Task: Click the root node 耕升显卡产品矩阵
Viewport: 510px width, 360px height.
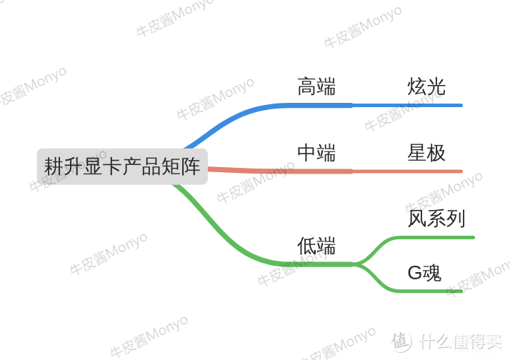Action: coord(122,166)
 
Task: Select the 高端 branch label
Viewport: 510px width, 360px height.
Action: coord(316,86)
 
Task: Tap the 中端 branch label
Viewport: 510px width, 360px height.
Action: coord(316,153)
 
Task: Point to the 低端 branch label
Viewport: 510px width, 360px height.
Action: coord(316,246)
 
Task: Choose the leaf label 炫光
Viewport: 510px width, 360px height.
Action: coord(426,86)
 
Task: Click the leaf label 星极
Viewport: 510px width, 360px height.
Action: coord(426,153)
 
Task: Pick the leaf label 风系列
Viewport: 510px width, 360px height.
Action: coord(436,218)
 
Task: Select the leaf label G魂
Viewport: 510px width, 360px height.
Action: coord(424,273)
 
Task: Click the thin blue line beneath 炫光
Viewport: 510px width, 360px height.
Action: coord(407,106)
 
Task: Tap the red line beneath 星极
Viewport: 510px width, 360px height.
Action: coord(407,171)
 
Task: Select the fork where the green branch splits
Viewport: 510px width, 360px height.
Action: coord(357,264)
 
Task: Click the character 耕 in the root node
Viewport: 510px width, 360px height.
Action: coord(54,166)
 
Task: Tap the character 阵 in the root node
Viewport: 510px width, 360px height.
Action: coord(191,166)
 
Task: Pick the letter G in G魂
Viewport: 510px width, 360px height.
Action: coord(415,273)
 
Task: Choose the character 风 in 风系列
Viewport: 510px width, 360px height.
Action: coord(417,218)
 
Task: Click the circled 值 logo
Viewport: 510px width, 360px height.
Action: coord(401,341)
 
